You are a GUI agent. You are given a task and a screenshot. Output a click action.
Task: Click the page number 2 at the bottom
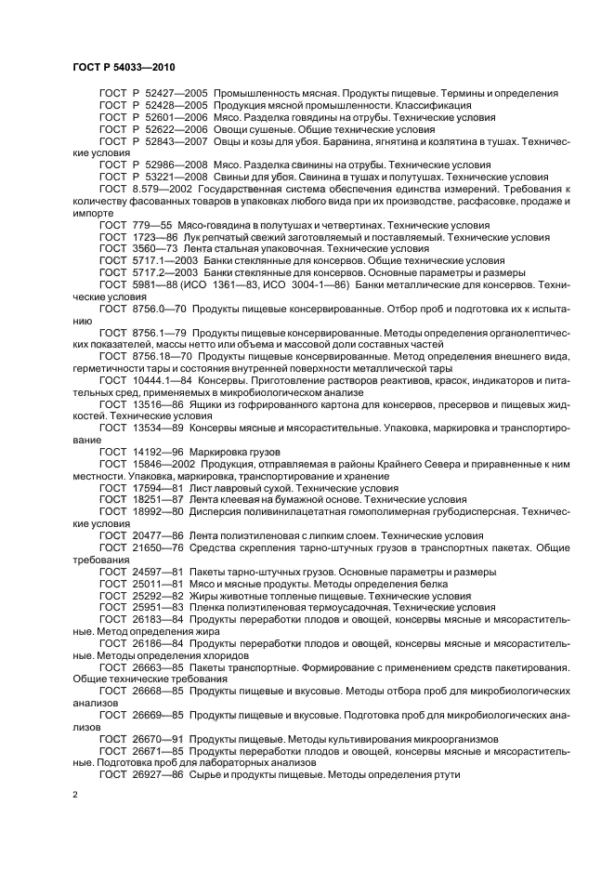pos(74,795)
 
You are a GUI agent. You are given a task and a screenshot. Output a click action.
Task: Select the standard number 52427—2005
pos(178,94)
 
